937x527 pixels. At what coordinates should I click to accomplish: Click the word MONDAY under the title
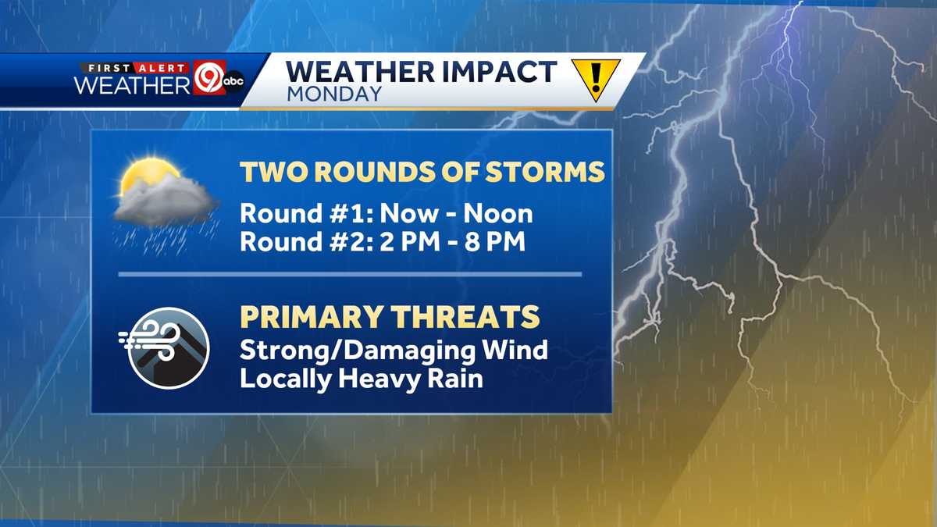334,94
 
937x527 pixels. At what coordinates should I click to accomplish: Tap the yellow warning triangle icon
596,77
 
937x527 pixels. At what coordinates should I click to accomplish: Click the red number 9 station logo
209,77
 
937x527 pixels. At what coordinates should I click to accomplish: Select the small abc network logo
233,81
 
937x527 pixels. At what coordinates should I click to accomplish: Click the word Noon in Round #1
498,213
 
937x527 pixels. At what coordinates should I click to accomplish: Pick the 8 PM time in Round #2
495,241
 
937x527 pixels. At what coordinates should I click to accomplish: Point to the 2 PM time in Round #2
410,241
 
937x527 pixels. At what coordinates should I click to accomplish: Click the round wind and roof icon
168,348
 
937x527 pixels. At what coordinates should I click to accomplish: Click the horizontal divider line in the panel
350,274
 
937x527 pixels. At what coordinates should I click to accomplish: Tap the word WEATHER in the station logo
133,85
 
